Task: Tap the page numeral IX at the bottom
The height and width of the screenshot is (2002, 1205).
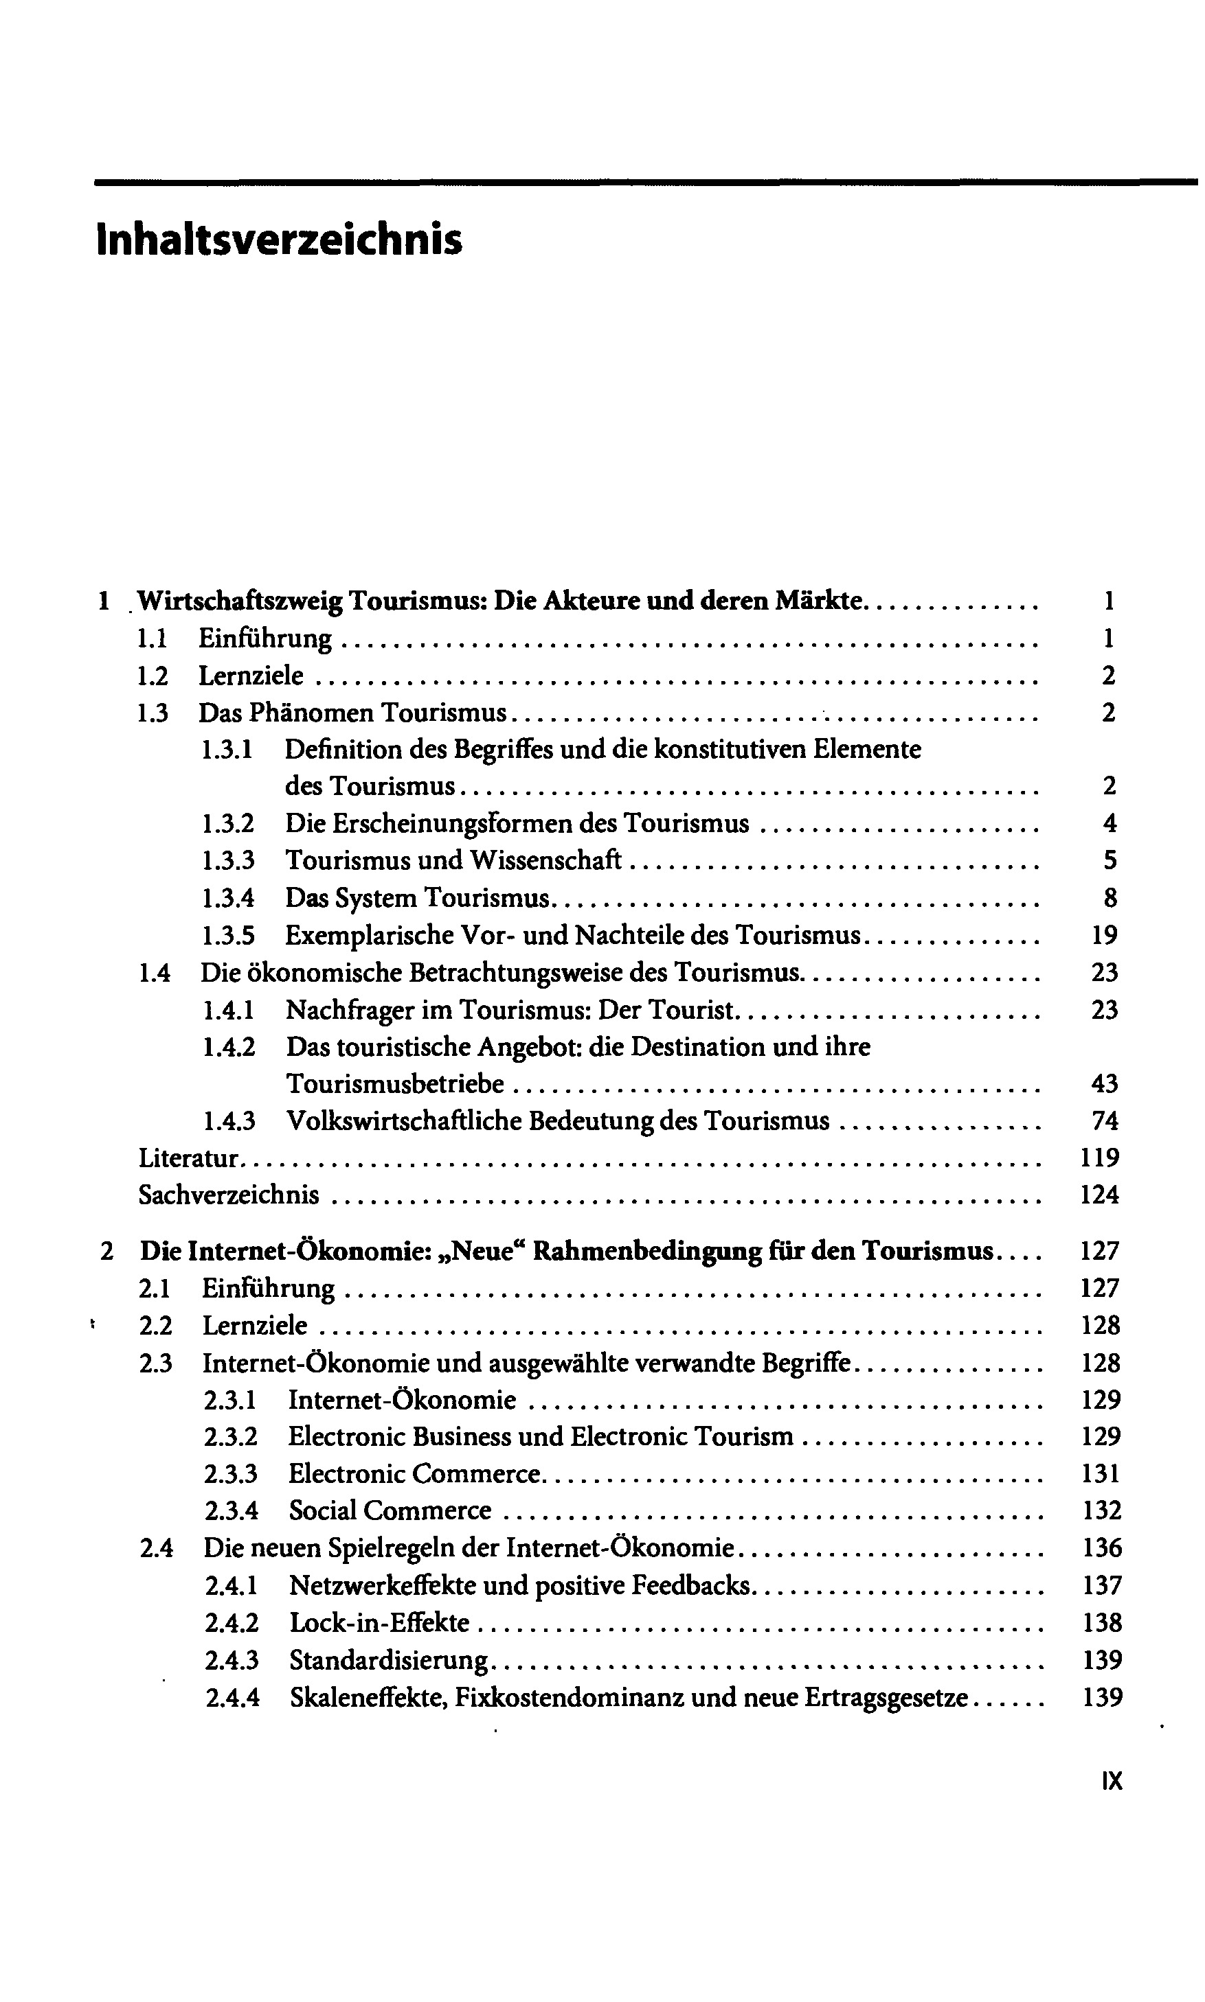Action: [1112, 1780]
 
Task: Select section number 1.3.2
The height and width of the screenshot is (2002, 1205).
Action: [228, 824]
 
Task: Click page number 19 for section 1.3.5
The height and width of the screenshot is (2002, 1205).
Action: [1104, 935]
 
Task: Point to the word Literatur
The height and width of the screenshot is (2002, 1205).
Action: [188, 1158]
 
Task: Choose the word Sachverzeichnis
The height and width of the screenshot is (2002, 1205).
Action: [229, 1195]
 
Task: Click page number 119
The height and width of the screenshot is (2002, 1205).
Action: [1101, 1158]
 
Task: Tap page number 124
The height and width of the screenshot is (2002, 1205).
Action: [1101, 1195]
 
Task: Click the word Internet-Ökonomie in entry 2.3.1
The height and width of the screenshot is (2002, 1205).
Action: [402, 1400]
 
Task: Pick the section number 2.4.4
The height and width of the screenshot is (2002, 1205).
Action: [232, 1698]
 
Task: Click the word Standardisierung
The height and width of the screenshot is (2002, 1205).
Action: [390, 1660]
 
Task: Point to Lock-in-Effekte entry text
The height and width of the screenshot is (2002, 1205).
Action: [379, 1623]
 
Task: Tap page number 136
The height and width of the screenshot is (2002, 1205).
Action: [1102, 1548]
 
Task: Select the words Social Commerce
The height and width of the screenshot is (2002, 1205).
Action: [390, 1510]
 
